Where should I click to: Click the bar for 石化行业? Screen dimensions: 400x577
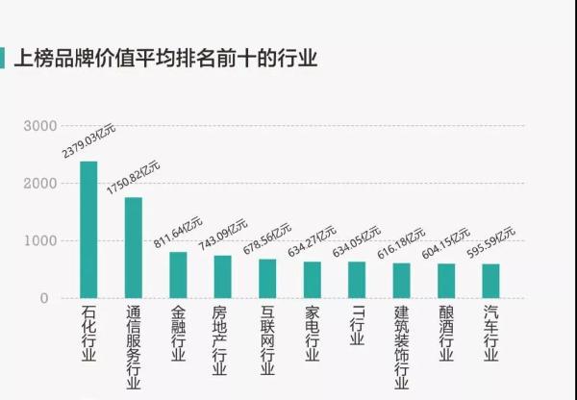click(x=88, y=230)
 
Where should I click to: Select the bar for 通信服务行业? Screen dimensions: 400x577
click(x=134, y=248)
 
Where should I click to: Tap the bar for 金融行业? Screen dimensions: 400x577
click(x=178, y=275)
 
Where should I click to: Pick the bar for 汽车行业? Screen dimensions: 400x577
click(x=490, y=281)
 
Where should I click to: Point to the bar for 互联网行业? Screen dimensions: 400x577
click(x=267, y=279)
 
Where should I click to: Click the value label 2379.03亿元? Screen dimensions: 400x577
click(x=88, y=140)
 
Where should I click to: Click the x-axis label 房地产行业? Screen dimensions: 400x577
click(x=222, y=341)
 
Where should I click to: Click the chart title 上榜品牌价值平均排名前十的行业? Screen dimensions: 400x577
click(x=164, y=59)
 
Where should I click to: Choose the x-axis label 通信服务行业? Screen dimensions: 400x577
click(x=134, y=348)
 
